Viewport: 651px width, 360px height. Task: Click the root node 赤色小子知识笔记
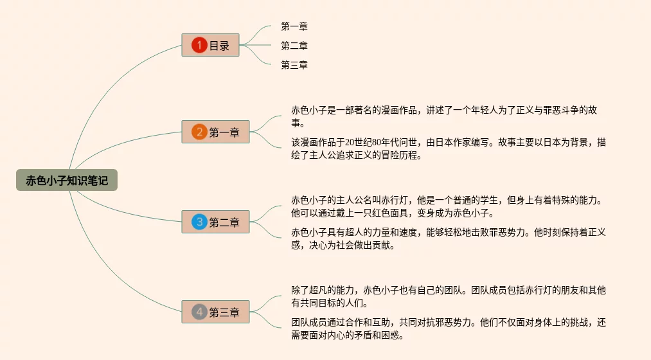click(x=67, y=181)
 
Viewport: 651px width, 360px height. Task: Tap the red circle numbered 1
click(x=199, y=45)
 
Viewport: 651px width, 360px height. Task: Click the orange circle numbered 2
click(x=199, y=132)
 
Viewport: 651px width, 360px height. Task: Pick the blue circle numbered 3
click(x=199, y=222)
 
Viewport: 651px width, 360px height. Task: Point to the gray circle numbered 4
click(x=199, y=312)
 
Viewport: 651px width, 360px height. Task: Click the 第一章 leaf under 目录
click(x=294, y=26)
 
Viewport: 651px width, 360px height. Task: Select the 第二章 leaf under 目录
click(x=294, y=46)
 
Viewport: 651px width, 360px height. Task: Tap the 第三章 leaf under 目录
click(x=294, y=65)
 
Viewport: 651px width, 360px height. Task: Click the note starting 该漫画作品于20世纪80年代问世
click(x=448, y=148)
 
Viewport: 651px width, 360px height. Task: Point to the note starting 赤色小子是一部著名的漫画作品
click(x=448, y=116)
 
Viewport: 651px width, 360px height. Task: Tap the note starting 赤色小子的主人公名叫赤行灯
click(x=448, y=206)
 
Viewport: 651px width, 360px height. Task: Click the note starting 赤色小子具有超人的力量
click(x=448, y=239)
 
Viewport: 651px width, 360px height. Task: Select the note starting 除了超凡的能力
click(x=448, y=296)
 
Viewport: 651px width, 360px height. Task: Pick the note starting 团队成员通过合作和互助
click(x=448, y=328)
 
